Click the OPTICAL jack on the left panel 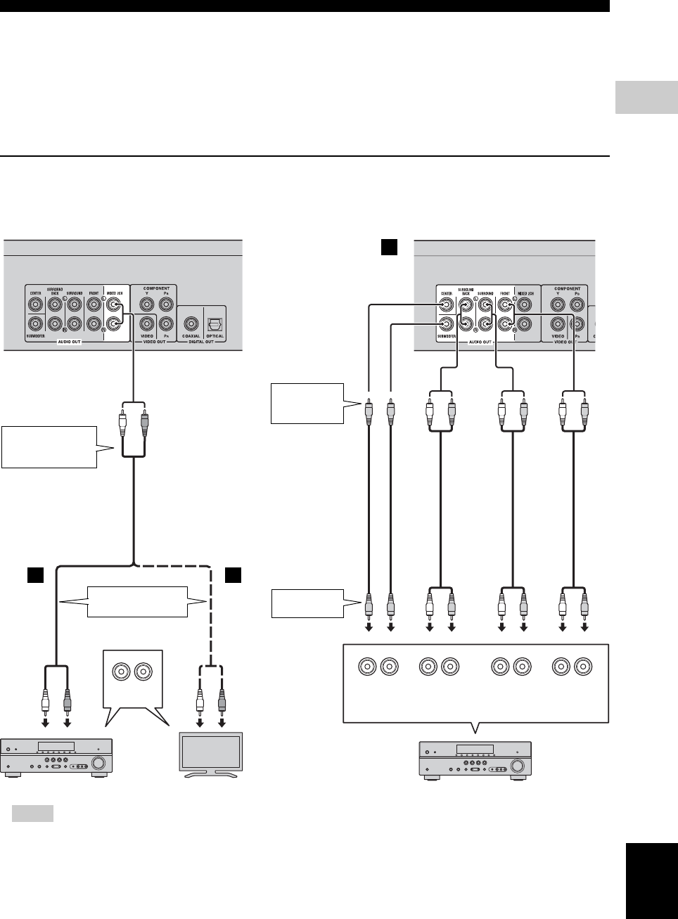point(215,323)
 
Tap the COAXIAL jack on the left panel point(191,323)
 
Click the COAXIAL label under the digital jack point(191,336)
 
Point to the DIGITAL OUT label point(203,342)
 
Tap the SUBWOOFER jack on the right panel point(444,323)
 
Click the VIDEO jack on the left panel point(146,323)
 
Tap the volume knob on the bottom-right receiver point(518,767)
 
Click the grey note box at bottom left point(33,814)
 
